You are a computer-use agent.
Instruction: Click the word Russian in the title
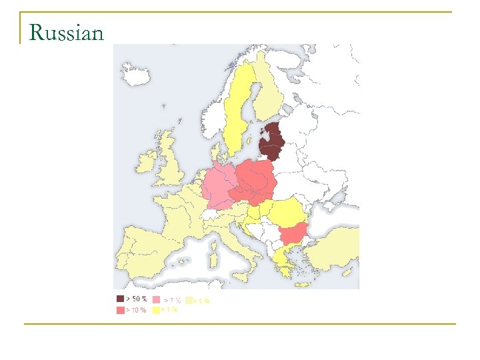tap(67, 31)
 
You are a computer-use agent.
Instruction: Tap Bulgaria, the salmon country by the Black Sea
tap(293, 233)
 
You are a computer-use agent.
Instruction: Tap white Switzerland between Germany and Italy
tap(213, 215)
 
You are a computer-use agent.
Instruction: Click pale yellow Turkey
tap(333, 250)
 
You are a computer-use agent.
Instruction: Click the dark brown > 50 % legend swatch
tap(120, 299)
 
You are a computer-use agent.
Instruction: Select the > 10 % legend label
tap(137, 310)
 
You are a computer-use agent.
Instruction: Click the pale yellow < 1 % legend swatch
tap(189, 301)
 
